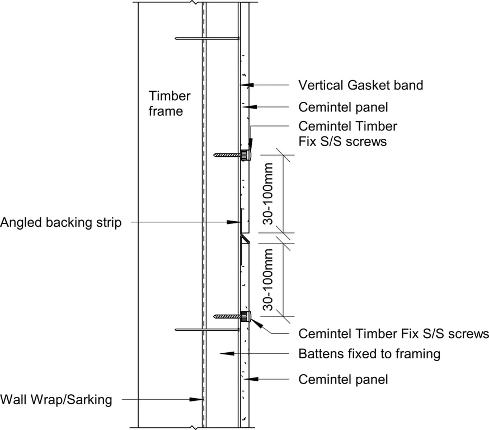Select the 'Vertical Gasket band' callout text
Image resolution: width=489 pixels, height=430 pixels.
360,85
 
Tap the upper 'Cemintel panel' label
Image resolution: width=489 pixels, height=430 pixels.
343,106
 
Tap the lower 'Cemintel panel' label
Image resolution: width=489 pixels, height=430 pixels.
343,379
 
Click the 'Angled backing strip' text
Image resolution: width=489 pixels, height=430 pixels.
60,222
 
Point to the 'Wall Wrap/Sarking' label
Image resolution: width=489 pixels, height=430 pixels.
56,399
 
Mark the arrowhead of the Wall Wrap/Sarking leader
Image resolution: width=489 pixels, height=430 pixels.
200,399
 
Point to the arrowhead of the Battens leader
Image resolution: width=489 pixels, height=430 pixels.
222,354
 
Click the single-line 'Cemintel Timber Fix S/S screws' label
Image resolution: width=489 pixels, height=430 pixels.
393,334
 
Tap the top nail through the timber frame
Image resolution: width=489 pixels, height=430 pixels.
207,38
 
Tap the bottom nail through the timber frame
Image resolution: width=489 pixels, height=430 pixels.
207,330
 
